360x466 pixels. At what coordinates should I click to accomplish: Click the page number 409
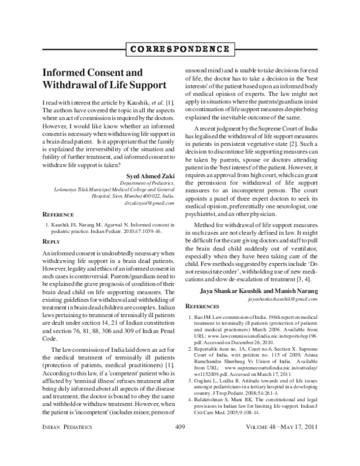click(x=179, y=444)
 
